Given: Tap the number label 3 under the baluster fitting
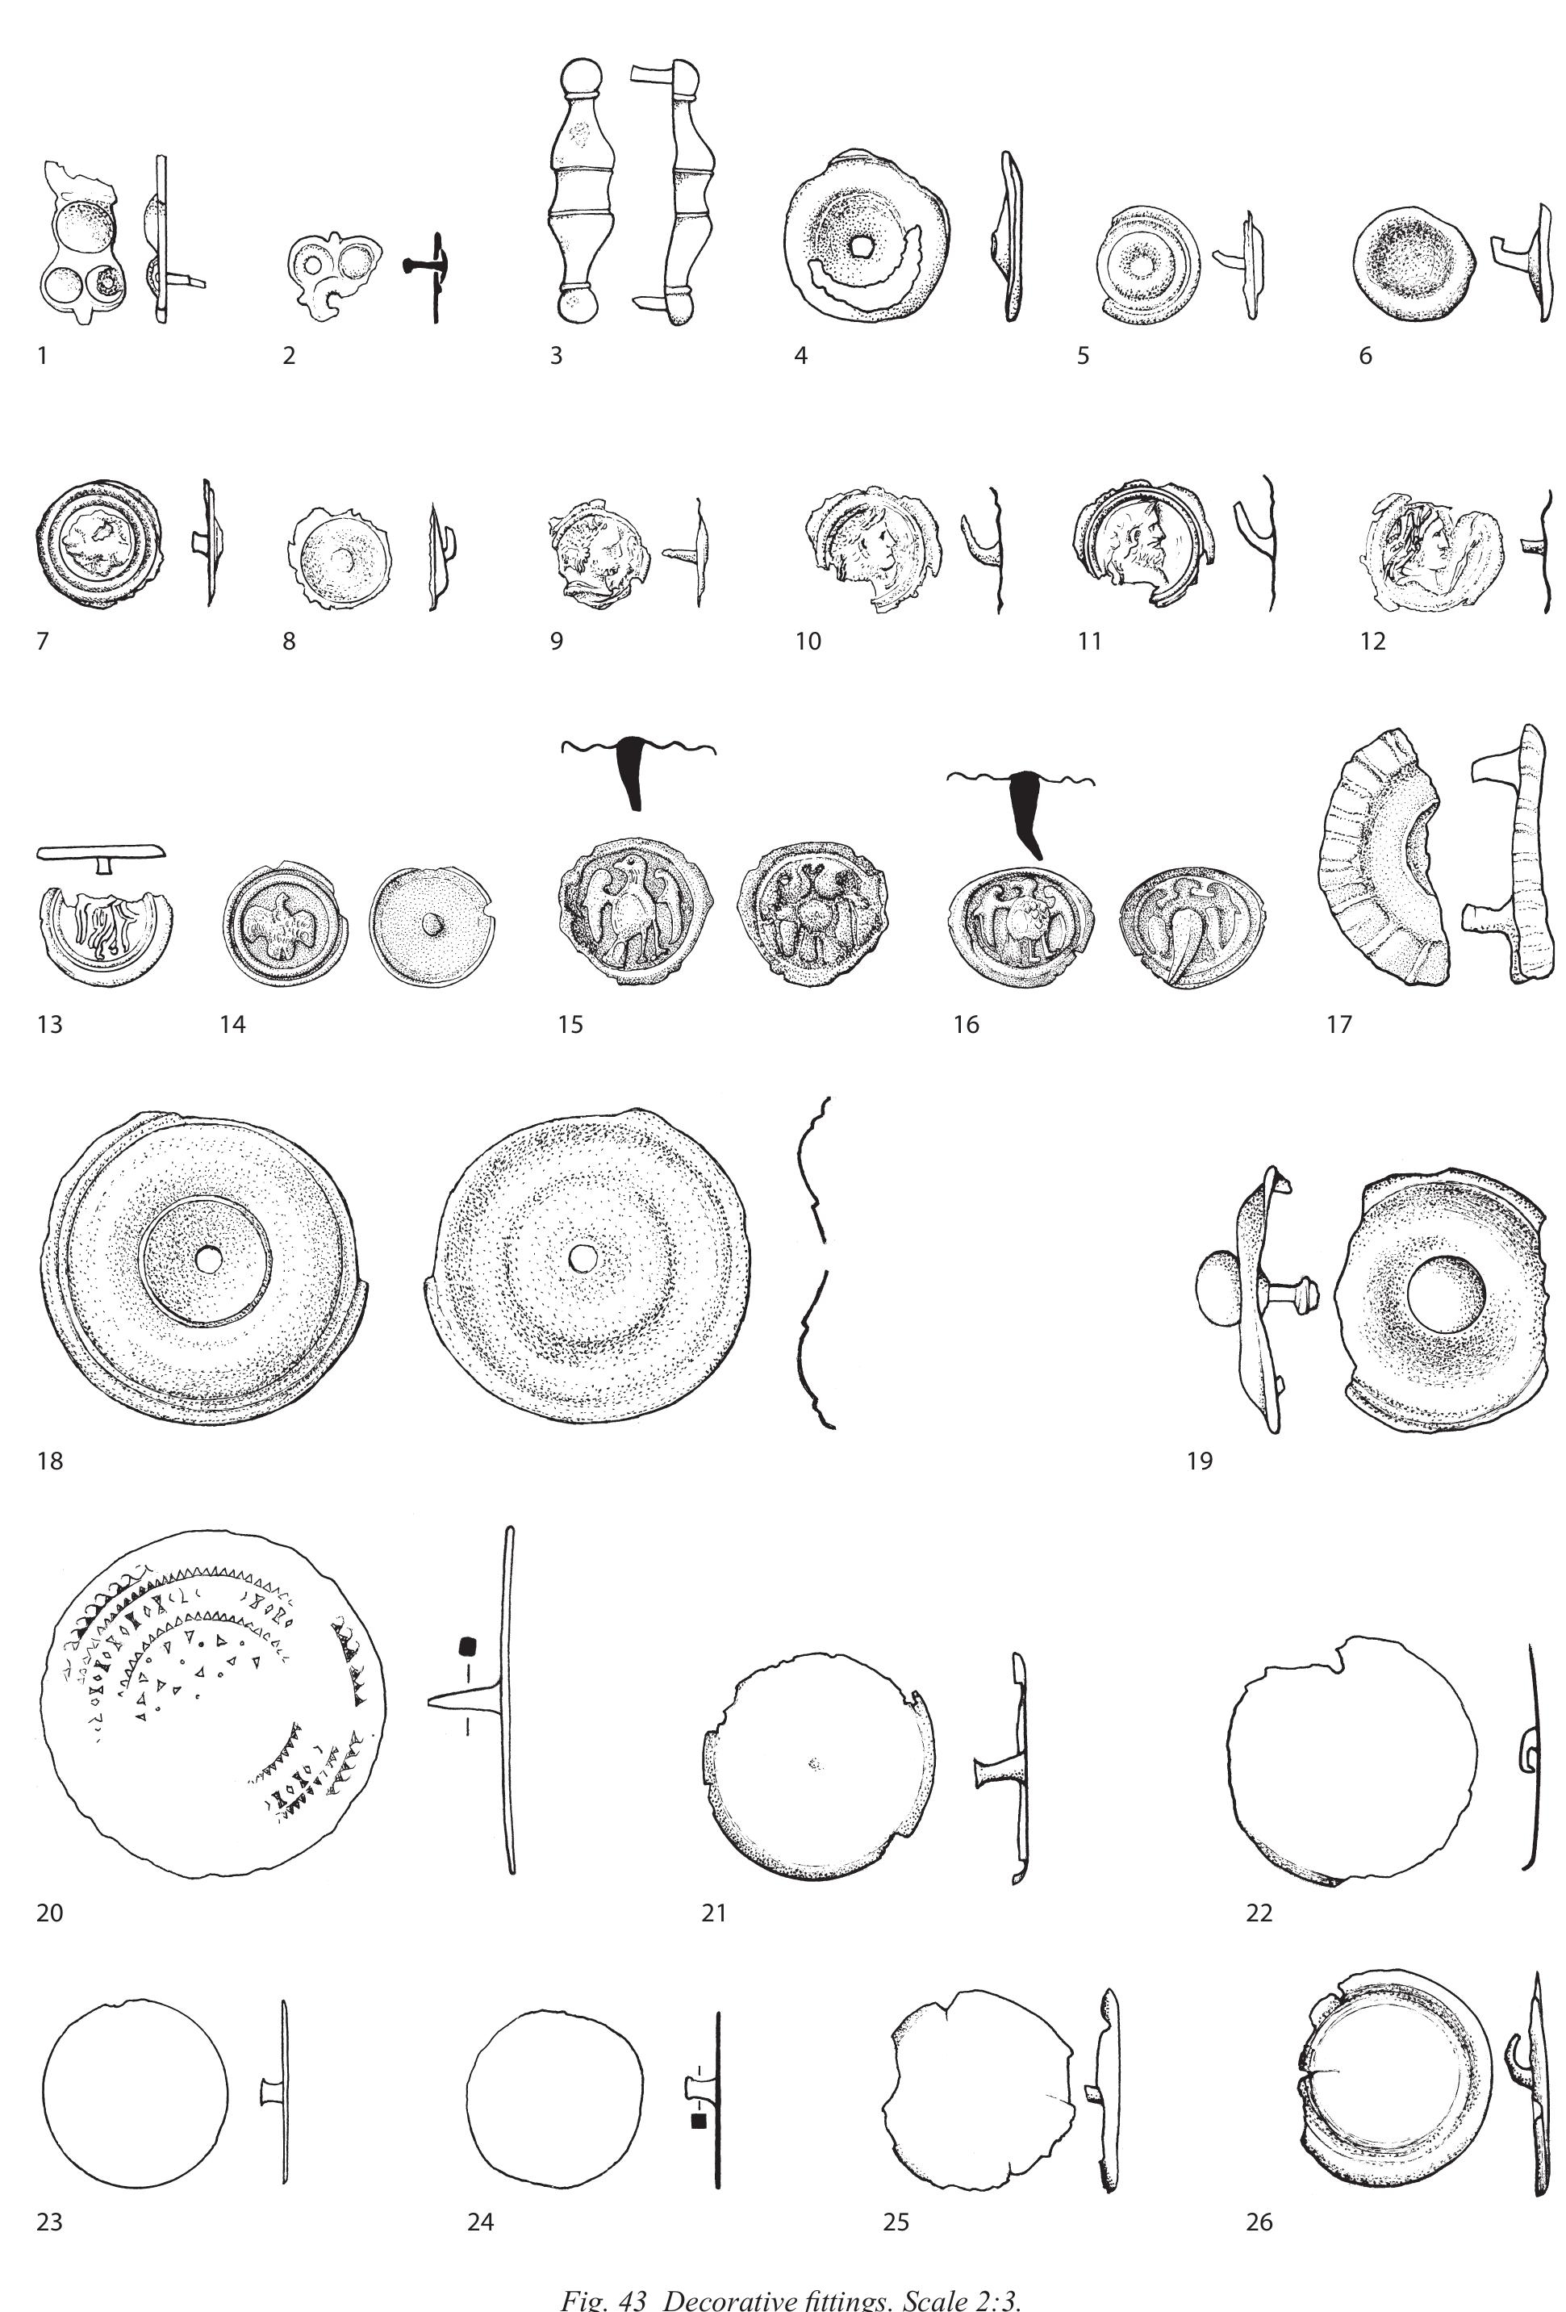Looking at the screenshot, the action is pyautogui.click(x=556, y=355).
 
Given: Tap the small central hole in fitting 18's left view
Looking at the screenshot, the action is pyautogui.click(x=208, y=1258).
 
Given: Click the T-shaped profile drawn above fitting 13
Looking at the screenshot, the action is pyautogui.click(x=101, y=854).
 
